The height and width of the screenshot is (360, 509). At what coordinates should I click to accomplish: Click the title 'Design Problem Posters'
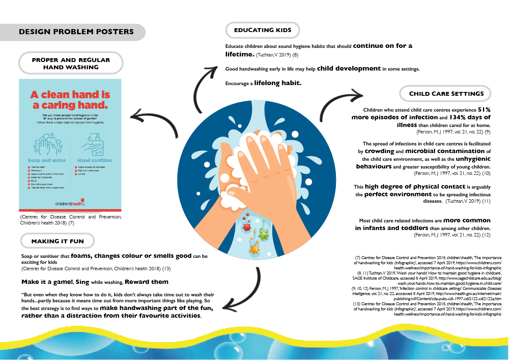click(76, 32)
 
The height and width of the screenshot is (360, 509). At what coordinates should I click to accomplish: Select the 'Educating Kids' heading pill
click(262, 30)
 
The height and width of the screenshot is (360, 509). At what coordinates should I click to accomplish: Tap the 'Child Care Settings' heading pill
click(446, 94)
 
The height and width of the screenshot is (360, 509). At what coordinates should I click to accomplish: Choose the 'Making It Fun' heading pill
click(58, 241)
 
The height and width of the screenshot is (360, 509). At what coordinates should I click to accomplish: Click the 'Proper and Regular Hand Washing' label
click(71, 64)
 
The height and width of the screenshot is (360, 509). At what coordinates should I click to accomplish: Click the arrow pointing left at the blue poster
click(154, 121)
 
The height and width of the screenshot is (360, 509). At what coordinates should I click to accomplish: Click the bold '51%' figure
click(484, 109)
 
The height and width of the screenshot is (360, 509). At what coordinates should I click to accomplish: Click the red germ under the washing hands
click(246, 227)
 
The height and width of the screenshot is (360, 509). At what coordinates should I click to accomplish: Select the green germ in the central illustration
click(264, 235)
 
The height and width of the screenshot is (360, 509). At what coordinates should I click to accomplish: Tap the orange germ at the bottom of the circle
click(255, 248)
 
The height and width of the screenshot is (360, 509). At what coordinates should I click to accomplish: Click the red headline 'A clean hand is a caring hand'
click(70, 100)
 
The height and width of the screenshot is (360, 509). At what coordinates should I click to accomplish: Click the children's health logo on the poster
click(70, 204)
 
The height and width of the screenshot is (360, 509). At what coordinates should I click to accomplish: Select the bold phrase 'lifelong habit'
click(278, 83)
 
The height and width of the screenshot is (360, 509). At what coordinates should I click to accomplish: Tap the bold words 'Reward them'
click(147, 282)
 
